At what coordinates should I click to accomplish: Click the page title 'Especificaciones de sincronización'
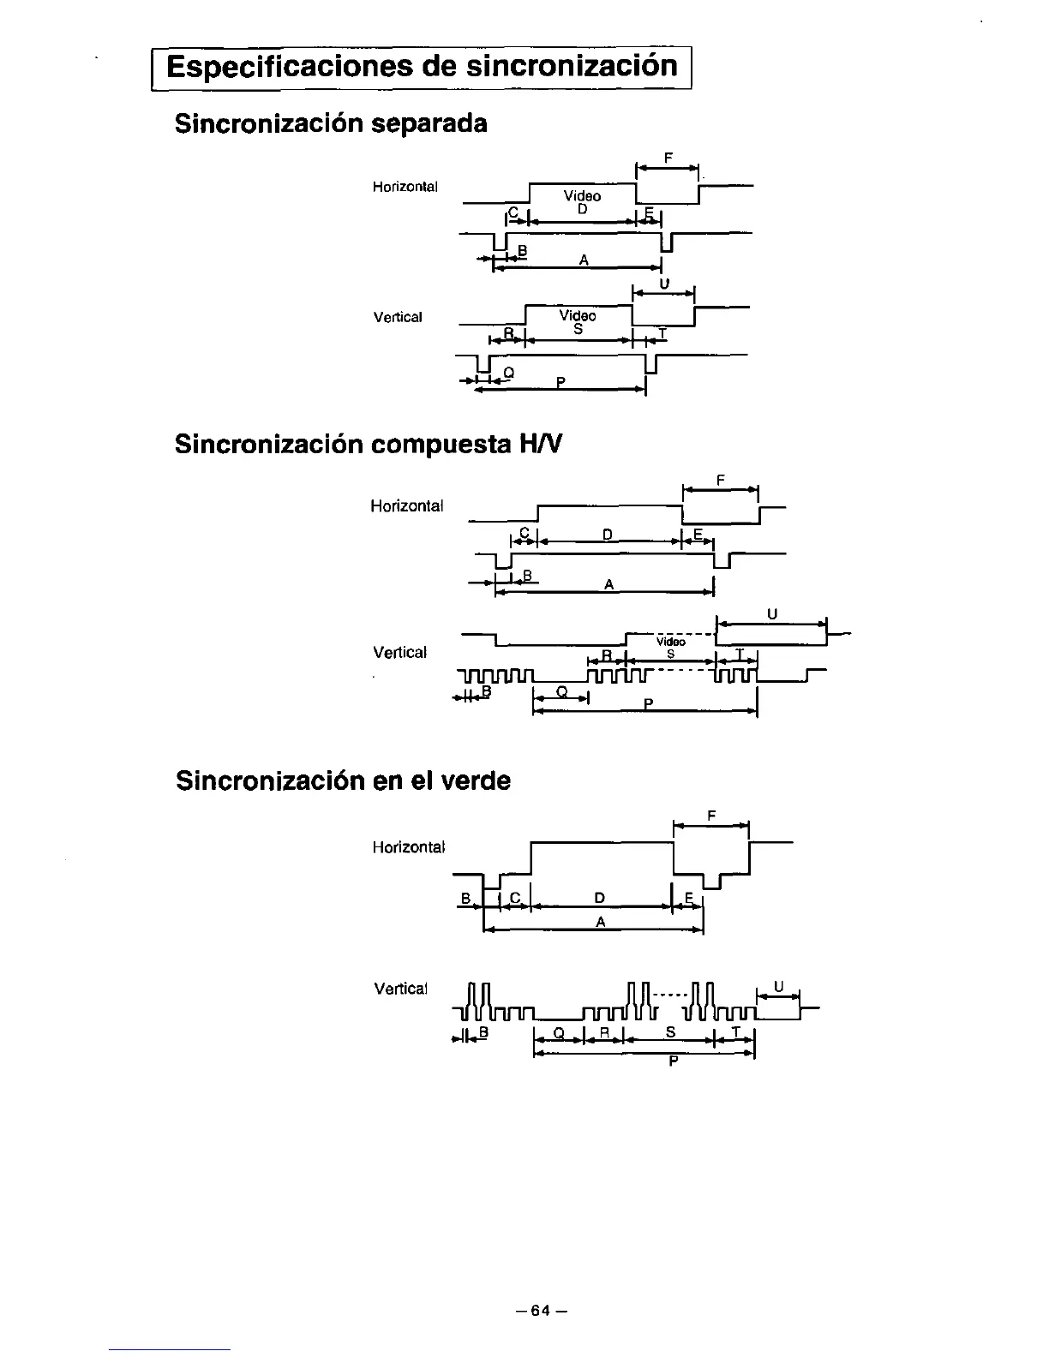click(x=422, y=67)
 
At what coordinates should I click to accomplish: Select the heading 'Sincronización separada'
click(x=331, y=123)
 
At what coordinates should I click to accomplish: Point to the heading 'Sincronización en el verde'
click(x=343, y=780)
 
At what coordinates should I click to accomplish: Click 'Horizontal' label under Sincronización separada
click(x=405, y=187)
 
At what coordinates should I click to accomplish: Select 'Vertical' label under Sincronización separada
click(x=398, y=317)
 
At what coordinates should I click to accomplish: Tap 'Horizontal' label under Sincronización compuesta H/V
click(x=406, y=505)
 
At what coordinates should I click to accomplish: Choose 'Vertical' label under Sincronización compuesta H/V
click(x=399, y=653)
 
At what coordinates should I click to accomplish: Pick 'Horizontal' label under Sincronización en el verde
click(x=408, y=847)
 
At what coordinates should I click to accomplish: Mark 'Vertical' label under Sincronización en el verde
click(x=399, y=989)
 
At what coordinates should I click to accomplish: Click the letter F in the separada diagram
click(x=668, y=158)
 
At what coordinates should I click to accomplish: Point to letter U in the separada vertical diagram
click(x=664, y=284)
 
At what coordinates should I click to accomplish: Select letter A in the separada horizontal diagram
click(x=583, y=260)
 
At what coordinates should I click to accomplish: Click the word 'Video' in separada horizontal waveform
click(x=582, y=196)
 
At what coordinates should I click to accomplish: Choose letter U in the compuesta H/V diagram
click(x=772, y=614)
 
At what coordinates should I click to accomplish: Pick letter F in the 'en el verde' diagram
click(x=712, y=816)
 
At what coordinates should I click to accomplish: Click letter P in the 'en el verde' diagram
click(x=674, y=1062)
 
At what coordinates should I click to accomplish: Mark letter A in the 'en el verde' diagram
click(x=600, y=922)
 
